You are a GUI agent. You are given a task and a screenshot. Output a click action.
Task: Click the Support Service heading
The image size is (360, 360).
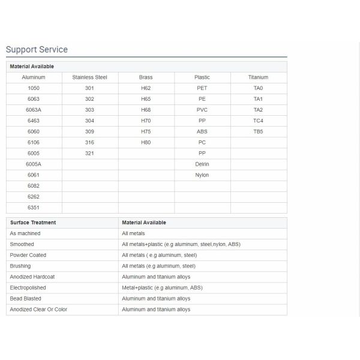tap(37, 50)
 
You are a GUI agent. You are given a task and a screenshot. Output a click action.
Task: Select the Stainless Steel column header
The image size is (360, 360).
tap(89, 77)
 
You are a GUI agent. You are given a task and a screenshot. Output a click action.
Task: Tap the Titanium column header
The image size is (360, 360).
tap(258, 77)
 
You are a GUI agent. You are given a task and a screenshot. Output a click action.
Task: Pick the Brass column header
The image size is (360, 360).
tap(146, 77)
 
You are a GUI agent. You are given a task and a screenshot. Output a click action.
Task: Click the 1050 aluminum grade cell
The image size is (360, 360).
tap(34, 88)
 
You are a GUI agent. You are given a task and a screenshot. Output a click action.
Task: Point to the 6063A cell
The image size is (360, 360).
tap(34, 110)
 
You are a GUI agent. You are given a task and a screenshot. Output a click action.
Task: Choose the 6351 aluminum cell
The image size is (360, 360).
tap(34, 208)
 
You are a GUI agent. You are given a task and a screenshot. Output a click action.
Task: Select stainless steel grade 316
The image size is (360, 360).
tap(89, 142)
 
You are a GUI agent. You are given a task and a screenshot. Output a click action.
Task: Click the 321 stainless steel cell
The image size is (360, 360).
tap(89, 153)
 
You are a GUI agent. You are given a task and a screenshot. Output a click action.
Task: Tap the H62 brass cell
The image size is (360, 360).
tap(146, 88)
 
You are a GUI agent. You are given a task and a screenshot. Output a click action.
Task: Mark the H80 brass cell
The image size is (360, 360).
tap(146, 142)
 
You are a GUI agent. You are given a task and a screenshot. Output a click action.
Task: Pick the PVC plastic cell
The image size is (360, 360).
tap(202, 110)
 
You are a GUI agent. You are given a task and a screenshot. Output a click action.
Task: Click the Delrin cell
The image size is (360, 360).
tap(202, 164)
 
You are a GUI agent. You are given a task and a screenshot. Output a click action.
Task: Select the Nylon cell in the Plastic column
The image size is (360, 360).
tap(202, 175)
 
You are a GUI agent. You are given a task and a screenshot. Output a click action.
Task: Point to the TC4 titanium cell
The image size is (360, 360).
tap(258, 121)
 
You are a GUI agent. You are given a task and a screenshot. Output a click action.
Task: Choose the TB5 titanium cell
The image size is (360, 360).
tap(258, 131)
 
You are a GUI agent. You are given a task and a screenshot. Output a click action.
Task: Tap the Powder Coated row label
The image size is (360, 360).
tap(28, 255)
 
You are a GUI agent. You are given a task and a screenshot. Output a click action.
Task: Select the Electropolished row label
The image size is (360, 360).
tap(29, 287)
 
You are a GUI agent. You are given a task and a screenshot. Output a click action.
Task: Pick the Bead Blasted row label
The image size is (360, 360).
tap(26, 298)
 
